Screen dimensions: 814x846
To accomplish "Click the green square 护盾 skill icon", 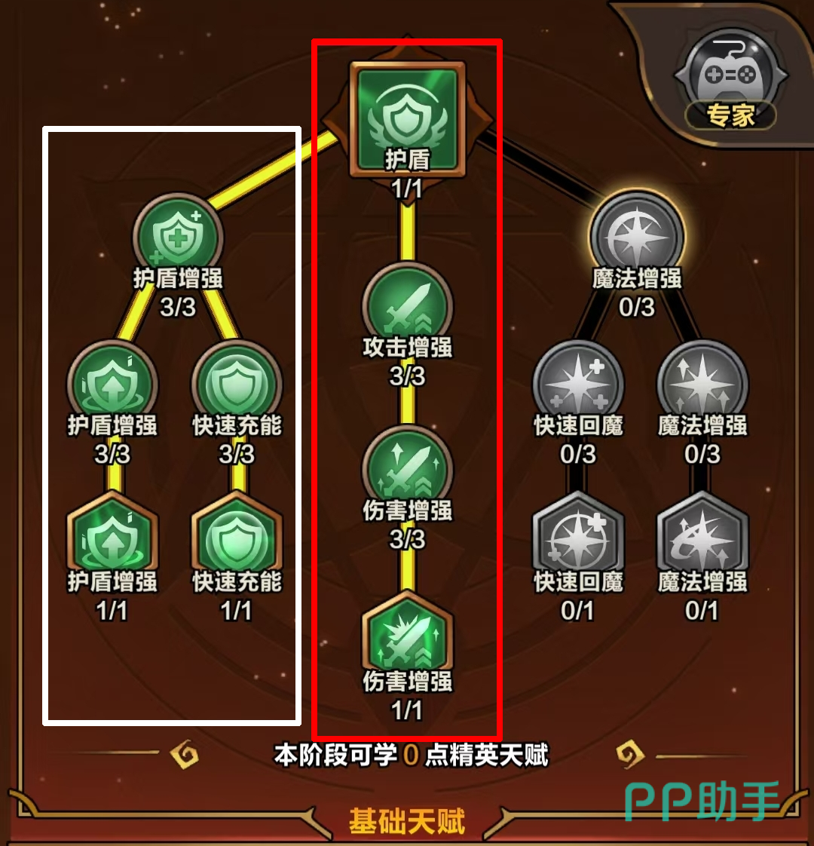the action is point(407,119).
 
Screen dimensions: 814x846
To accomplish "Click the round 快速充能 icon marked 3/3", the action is point(237,385).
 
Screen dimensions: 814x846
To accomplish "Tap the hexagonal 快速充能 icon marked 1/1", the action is point(237,538).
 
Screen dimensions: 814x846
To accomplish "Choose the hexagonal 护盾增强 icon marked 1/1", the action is point(112,538).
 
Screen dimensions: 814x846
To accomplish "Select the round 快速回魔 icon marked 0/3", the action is point(578,385).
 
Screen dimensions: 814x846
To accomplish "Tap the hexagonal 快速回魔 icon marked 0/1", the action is point(578,538).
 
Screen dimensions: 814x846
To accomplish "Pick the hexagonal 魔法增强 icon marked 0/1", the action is point(702,538).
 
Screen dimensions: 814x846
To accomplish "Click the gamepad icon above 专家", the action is point(731,74).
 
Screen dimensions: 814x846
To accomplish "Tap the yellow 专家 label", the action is point(730,115).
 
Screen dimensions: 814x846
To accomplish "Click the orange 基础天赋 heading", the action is point(407,821).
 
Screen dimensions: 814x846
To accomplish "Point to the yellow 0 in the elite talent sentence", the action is point(411,755).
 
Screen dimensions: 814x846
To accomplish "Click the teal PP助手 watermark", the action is point(702,801).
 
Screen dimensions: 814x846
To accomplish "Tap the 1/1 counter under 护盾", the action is point(407,189).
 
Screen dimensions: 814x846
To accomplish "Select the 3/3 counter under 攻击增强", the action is point(407,376).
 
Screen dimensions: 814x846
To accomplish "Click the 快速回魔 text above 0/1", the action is point(578,581).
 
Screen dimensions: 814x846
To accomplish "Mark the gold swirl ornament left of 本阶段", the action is point(185,754).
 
